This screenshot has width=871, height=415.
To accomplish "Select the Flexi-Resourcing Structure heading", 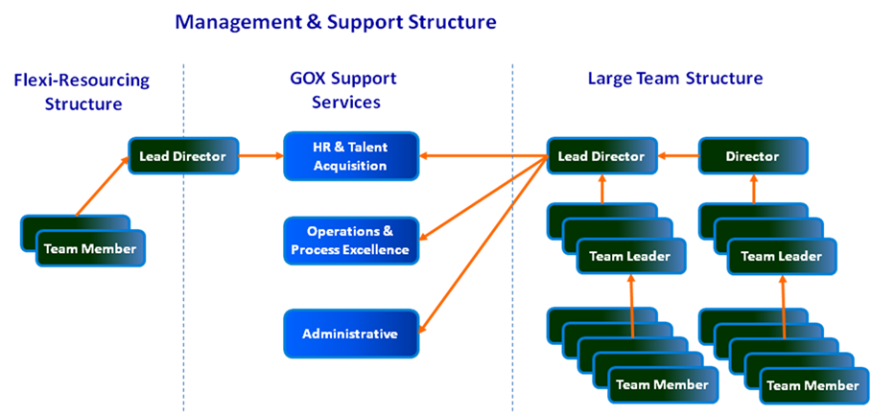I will (83, 91).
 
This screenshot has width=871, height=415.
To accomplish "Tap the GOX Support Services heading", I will (348, 90).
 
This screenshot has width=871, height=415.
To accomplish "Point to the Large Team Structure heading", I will (675, 78).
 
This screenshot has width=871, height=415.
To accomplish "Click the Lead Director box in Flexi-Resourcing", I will (183, 155).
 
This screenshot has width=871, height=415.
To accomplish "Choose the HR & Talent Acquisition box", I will (350, 156).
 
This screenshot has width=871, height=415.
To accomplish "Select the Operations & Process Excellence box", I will (350, 241).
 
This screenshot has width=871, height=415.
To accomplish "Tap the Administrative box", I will (350, 334).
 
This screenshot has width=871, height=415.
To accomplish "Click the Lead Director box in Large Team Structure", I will (601, 155).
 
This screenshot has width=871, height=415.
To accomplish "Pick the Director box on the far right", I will (753, 155).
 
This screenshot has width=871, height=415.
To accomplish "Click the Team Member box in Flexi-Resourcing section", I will (90, 249).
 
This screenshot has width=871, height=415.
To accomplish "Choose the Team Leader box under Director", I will (782, 256).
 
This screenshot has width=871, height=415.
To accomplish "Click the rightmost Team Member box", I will (812, 385).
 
